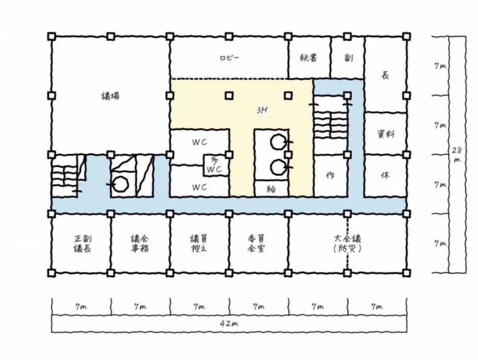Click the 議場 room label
(110, 96)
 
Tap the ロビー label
(229, 58)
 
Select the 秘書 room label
(309, 58)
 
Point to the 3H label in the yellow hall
(262, 110)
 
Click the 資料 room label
(386, 134)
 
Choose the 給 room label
(271, 189)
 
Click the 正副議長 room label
(82, 244)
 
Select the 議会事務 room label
(140, 244)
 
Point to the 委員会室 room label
(256, 244)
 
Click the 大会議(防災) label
(348, 244)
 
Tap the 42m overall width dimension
(229, 324)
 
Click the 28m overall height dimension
(457, 155)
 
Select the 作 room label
(330, 176)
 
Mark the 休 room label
(385, 176)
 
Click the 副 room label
(348, 58)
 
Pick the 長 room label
(385, 75)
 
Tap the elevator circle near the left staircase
(120, 184)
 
